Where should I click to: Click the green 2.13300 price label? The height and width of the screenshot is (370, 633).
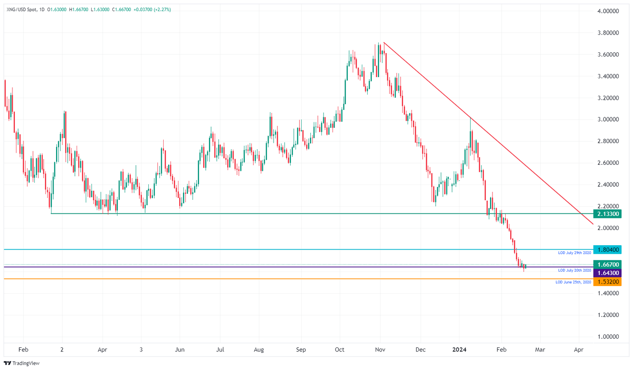(x=607, y=214)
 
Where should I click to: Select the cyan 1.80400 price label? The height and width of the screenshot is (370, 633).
(x=607, y=250)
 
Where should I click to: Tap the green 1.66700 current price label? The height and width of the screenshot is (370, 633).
(x=607, y=265)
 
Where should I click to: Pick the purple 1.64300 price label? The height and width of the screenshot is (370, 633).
(x=607, y=273)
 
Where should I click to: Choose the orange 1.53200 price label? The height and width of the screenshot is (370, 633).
(x=607, y=282)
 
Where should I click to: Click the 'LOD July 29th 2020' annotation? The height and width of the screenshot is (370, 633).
(x=574, y=253)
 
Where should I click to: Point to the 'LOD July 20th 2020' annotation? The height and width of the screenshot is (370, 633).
(x=574, y=270)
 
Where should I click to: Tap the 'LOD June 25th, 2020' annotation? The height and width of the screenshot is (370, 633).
(x=573, y=282)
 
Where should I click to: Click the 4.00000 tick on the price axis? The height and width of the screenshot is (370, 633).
(x=608, y=11)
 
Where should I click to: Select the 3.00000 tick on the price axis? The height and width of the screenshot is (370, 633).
(x=608, y=119)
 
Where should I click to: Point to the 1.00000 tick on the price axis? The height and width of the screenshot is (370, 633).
(x=608, y=337)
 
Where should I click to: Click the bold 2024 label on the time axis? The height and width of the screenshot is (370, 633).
(x=459, y=349)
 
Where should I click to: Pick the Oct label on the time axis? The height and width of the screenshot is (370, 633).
(x=340, y=349)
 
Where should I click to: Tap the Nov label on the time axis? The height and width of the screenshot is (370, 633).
(x=380, y=349)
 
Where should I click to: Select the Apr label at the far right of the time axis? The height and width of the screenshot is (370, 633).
(x=579, y=349)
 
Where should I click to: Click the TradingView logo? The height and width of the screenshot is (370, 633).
(x=21, y=363)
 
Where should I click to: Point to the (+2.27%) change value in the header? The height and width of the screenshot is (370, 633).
(x=162, y=9)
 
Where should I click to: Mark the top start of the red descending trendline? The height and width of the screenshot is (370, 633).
(x=384, y=42)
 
